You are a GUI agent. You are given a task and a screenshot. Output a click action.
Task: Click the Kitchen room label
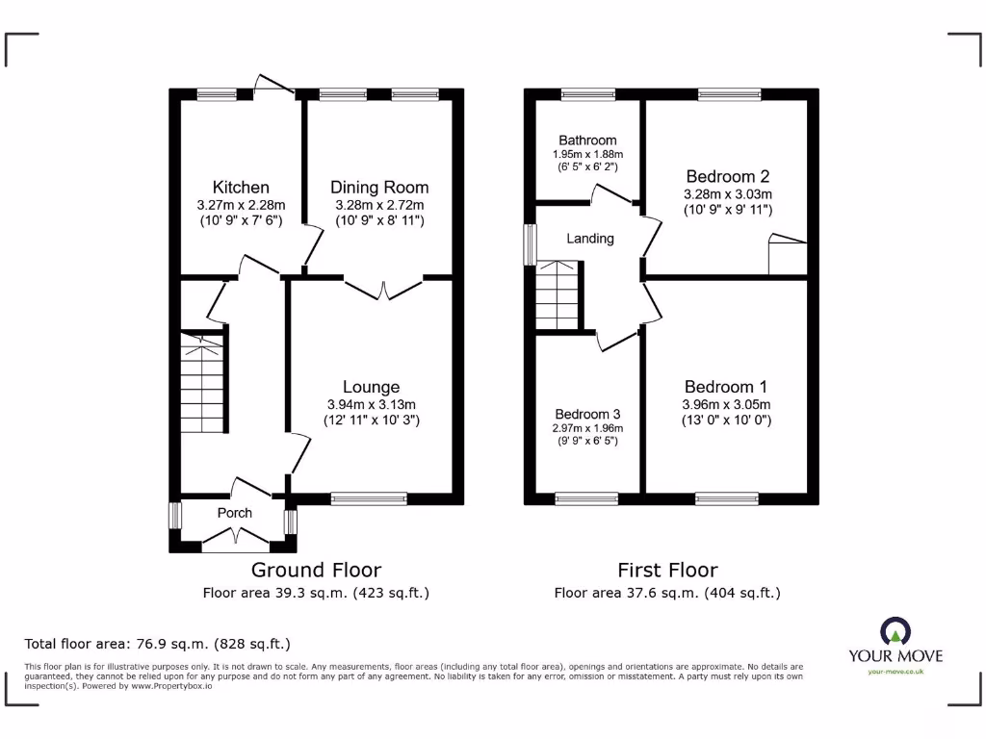(241, 187)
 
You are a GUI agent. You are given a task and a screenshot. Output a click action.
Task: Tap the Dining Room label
(379, 187)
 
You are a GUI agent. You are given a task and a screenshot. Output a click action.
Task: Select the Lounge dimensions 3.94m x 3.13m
(371, 404)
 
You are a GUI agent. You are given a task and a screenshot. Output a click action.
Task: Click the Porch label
(234, 513)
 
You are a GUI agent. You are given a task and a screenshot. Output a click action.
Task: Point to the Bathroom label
(585, 140)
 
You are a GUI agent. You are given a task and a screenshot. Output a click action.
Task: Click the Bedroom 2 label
(727, 176)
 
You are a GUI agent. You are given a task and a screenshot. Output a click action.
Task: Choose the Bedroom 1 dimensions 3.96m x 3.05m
(727, 404)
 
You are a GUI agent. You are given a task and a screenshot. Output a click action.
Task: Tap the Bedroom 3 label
(587, 415)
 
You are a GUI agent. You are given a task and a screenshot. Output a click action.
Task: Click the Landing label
(589, 239)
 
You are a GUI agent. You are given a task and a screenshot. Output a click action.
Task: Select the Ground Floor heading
(316, 570)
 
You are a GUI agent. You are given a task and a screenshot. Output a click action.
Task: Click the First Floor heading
(667, 570)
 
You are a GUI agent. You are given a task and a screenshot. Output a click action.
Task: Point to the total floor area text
(157, 644)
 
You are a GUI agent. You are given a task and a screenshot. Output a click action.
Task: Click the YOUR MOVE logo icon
(895, 631)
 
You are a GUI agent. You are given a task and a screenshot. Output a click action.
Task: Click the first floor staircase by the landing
(557, 296)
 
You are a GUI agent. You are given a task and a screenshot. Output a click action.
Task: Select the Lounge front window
(369, 498)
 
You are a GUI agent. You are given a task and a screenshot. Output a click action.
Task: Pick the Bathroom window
(586, 94)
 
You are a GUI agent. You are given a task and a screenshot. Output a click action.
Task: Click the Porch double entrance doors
(235, 546)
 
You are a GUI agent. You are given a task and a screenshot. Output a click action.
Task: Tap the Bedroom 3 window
(587, 498)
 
